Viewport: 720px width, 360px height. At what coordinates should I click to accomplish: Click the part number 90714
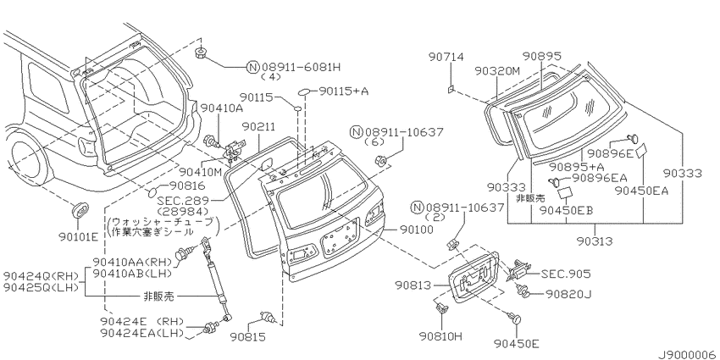[446, 57]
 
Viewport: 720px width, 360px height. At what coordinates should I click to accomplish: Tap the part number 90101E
[79, 237]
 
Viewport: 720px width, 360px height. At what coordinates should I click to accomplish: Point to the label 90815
[249, 337]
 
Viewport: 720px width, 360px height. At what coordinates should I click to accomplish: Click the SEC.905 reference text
[566, 274]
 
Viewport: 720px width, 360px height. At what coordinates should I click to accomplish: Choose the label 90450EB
[566, 210]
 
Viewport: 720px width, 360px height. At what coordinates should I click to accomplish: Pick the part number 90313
[595, 241]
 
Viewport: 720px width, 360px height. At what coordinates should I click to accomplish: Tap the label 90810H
[440, 336]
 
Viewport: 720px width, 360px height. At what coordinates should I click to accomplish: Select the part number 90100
[416, 229]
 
